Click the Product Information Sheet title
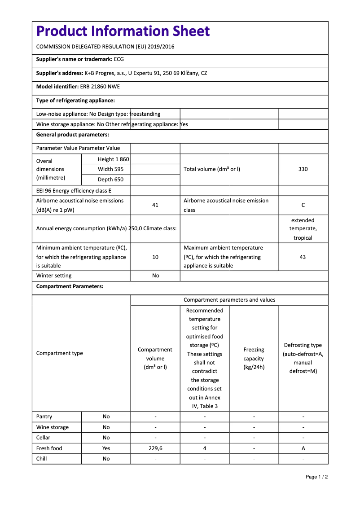click(123, 31)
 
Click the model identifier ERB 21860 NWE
click(100, 87)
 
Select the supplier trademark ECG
click(119, 59)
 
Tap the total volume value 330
click(303, 169)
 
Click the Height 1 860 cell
click(113, 159)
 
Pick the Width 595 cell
click(110, 169)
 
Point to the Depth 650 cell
click(110, 180)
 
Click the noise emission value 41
click(155, 205)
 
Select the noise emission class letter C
click(303, 205)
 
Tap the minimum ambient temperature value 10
click(155, 257)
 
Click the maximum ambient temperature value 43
click(303, 257)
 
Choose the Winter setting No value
click(155, 276)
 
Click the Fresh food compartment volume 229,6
click(155, 448)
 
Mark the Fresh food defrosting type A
click(303, 448)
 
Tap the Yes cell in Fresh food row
click(106, 448)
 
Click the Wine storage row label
click(53, 427)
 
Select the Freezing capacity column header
click(254, 358)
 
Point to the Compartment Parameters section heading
click(70, 286)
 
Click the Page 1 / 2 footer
click(316, 477)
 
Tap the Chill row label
click(41, 459)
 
